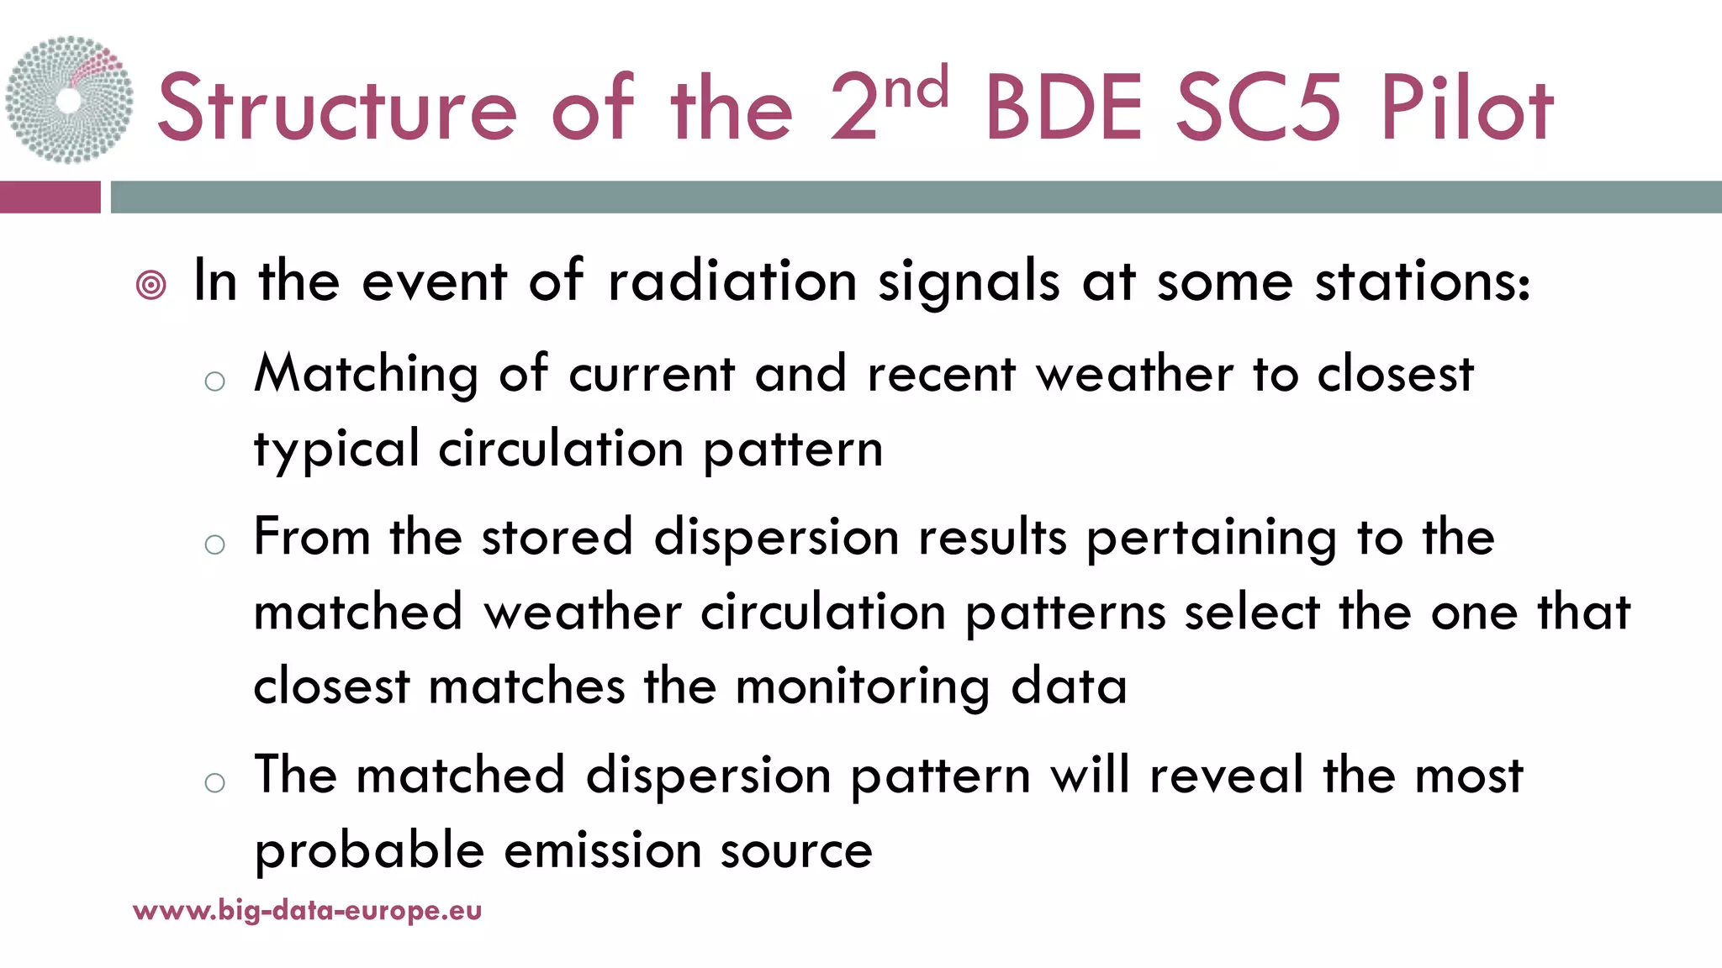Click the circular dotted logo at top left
(x=69, y=99)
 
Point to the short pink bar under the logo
(x=50, y=197)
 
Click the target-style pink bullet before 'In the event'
(x=151, y=286)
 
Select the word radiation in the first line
(x=732, y=281)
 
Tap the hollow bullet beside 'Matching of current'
(x=215, y=381)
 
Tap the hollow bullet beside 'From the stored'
(x=215, y=544)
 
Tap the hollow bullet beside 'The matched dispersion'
(x=215, y=783)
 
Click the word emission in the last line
(x=602, y=850)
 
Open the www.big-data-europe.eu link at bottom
(x=308, y=910)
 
